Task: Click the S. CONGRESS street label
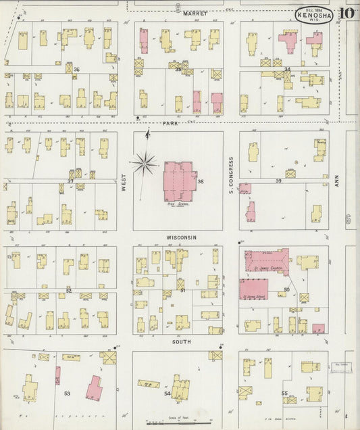231,176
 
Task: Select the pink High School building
179,181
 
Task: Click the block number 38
201,181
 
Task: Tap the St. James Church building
265,261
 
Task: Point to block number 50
287,289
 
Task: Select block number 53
67,393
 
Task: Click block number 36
77,70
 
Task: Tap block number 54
168,393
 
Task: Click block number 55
284,393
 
